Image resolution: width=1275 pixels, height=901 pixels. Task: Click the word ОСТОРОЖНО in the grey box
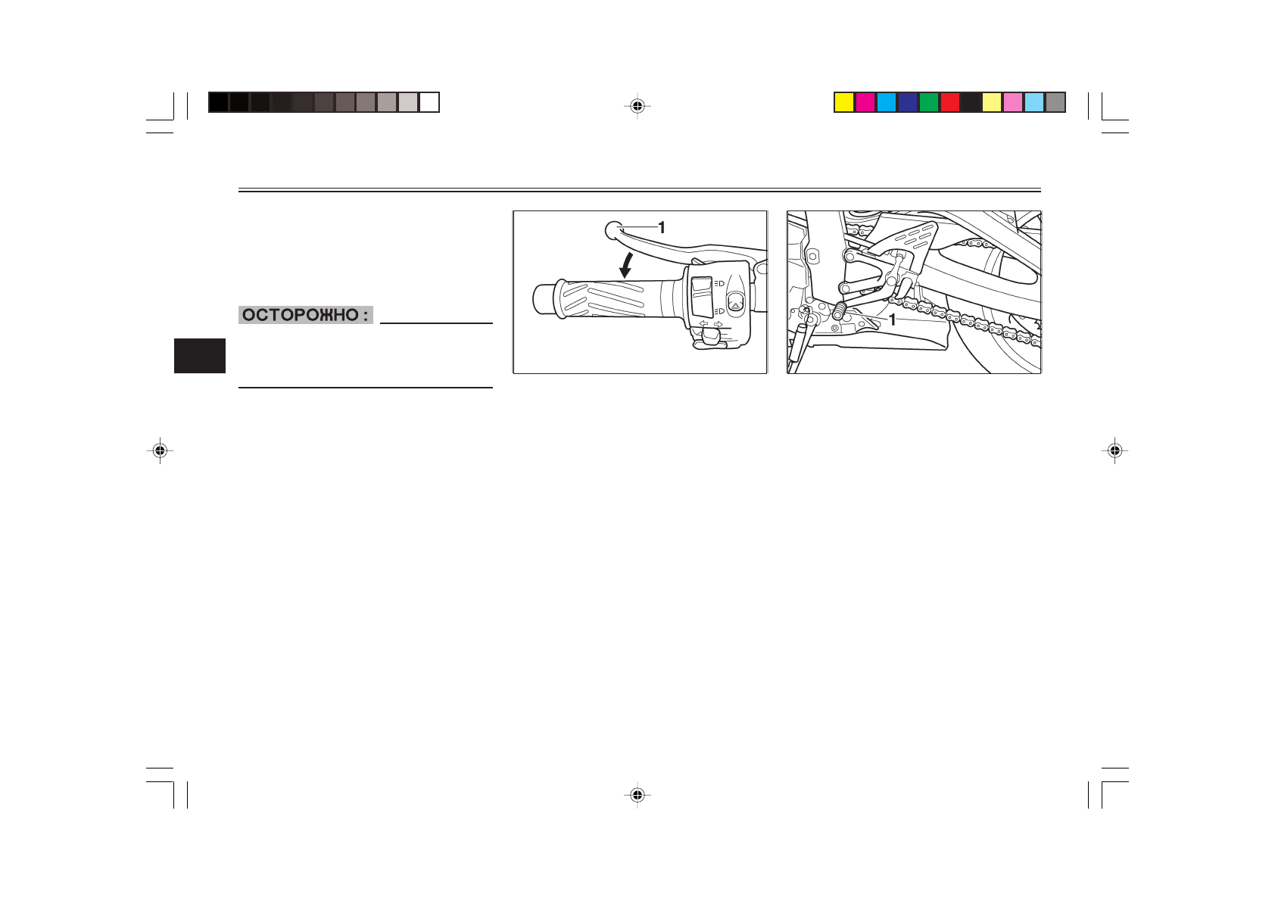coord(300,315)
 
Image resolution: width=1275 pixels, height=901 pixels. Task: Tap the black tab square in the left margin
coord(200,356)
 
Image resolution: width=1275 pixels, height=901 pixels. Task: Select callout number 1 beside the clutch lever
coord(662,228)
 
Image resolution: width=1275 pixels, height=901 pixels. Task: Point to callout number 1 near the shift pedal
coord(893,320)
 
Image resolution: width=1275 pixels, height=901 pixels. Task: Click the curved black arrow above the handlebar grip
coord(626,266)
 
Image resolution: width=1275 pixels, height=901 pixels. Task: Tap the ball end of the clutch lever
coord(613,230)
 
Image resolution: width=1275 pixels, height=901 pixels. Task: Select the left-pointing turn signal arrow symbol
coord(704,324)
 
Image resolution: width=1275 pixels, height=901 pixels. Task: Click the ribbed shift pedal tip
coord(839,310)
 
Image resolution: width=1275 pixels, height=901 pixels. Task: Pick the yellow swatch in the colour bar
coord(844,102)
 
